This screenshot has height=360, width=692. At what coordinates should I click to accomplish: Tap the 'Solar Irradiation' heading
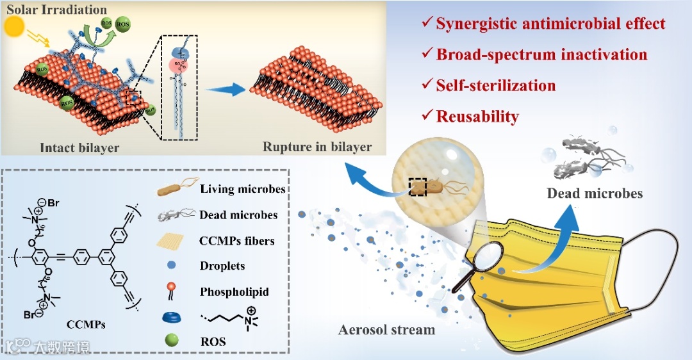pos(56,10)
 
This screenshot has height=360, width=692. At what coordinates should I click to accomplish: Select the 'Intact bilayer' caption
pos(79,147)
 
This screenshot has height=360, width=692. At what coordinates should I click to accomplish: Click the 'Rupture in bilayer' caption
pos(317,147)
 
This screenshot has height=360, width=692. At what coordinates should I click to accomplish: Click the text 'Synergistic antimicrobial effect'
pos(550,24)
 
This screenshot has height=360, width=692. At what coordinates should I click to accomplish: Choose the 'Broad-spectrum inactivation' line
pos(541,54)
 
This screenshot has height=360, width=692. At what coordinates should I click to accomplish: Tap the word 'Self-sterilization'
pos(495,85)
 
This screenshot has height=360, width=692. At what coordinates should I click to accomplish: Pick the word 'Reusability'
pos(477,116)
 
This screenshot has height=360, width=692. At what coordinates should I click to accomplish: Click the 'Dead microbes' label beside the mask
pos(595,193)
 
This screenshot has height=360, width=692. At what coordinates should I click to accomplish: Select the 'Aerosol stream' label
pos(386,330)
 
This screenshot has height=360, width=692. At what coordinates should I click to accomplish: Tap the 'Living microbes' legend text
pos(242,189)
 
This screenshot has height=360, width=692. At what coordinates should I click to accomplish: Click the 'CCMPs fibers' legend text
pos(237,241)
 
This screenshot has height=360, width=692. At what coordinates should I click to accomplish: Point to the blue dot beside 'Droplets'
pos(172,265)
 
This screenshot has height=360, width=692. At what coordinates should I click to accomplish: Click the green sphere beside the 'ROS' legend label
pos(172,341)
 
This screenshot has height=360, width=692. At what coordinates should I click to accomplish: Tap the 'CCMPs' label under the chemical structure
pos(86,325)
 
